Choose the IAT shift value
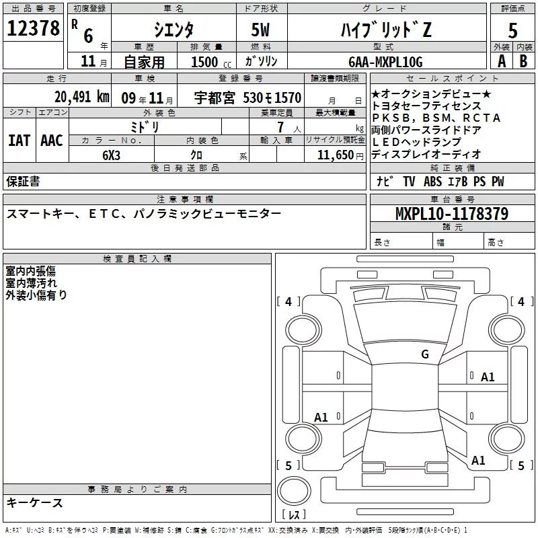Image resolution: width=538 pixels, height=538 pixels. tap(19, 141)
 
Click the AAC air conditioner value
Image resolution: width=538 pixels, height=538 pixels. tap(52, 141)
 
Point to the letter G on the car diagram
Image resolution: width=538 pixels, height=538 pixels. tap(425, 354)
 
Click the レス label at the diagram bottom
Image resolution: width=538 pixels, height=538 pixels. tap(294, 515)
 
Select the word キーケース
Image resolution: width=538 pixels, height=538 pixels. tap(34, 502)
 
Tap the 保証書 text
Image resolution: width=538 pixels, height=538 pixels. tap(23, 182)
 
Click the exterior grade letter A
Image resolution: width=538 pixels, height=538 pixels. tap(501, 61)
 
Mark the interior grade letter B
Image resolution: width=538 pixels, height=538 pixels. tap(524, 61)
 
